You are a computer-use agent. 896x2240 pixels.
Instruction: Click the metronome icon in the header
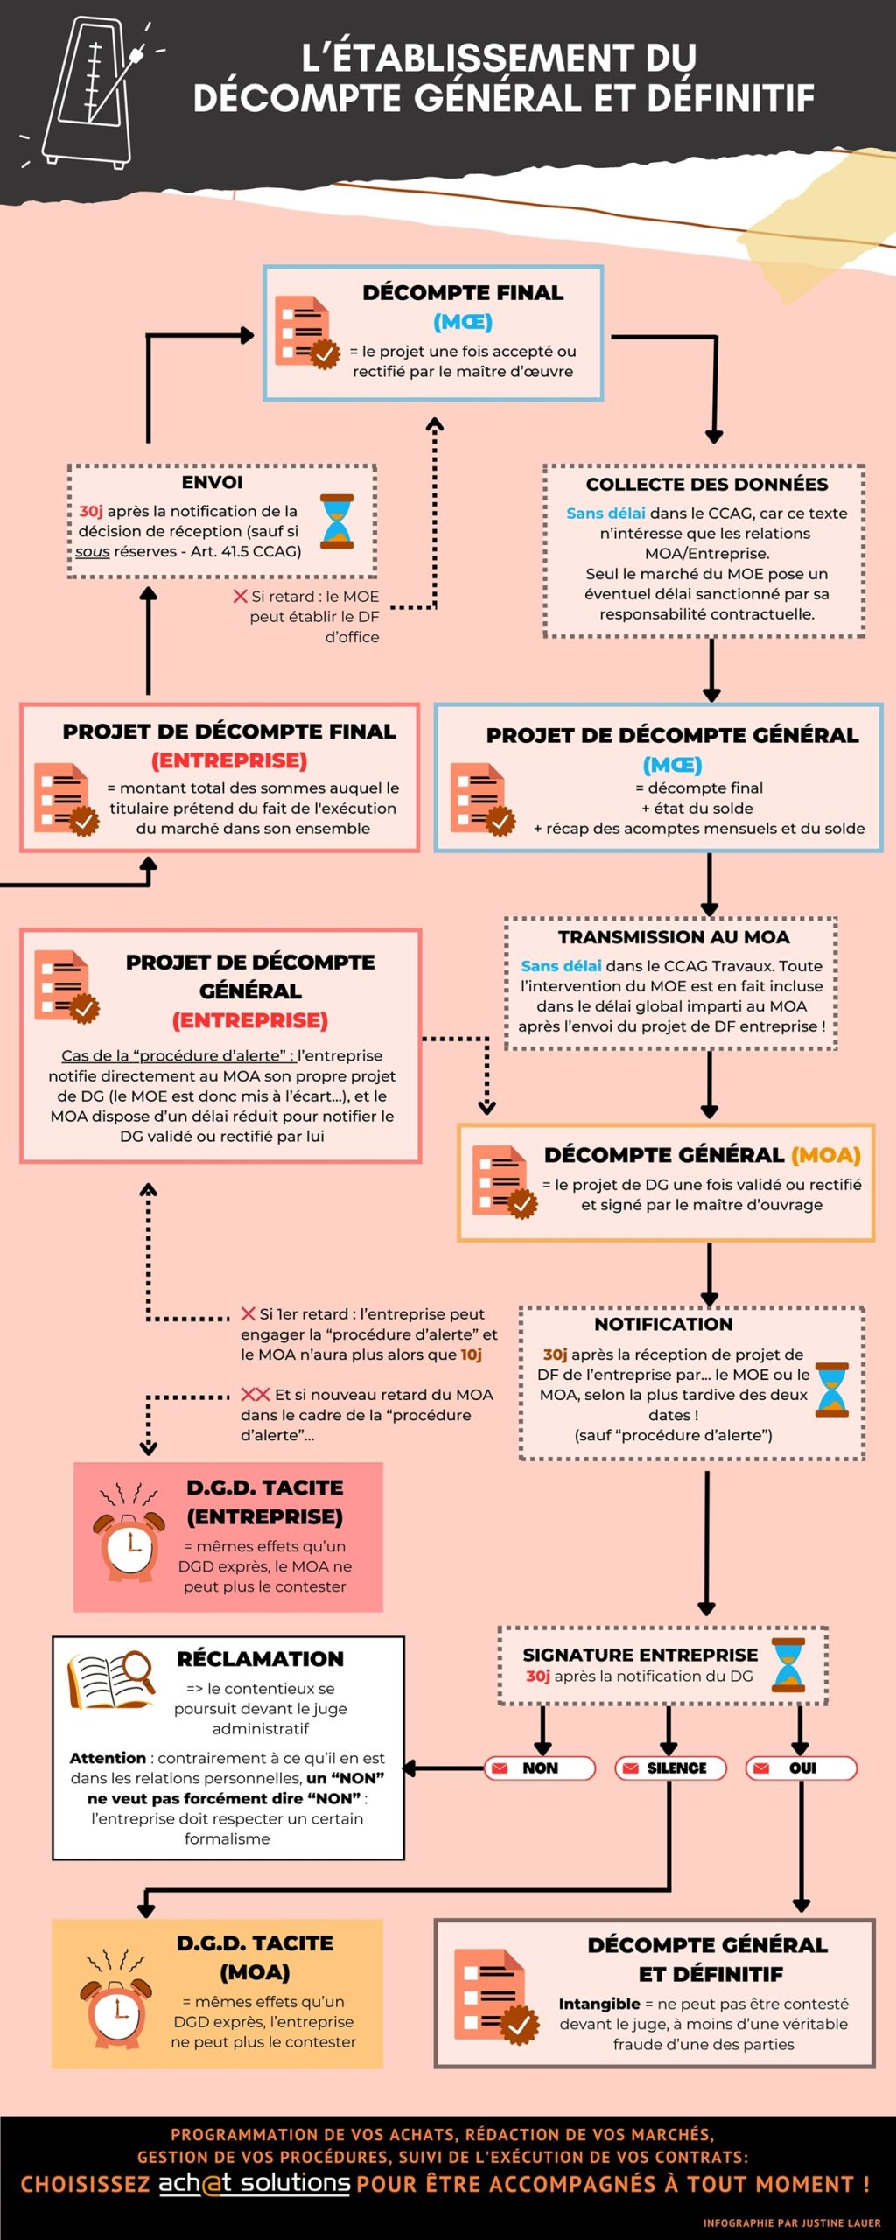tap(94, 92)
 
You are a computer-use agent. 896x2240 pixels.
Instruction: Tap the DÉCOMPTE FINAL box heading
tap(463, 293)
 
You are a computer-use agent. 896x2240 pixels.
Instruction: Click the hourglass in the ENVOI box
tap(337, 521)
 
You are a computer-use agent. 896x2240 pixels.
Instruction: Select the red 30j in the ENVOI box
tap(91, 511)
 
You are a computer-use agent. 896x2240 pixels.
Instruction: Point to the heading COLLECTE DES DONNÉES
tap(706, 485)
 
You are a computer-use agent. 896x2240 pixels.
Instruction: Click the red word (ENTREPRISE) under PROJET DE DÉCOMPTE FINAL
tap(229, 760)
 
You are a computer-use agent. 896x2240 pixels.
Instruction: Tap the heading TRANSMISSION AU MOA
tap(674, 937)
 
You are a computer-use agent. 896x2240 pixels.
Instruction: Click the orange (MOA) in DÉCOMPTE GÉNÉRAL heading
tap(825, 1155)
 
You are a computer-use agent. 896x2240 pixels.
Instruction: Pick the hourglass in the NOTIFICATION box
tap(831, 1389)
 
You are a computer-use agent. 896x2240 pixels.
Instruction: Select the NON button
tap(540, 1768)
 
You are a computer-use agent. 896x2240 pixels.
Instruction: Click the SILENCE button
tap(670, 1768)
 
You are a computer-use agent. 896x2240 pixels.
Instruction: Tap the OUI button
tap(801, 1768)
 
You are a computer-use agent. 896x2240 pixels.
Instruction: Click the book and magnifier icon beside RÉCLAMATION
tap(111, 1679)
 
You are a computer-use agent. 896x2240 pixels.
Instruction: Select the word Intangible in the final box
tap(599, 2004)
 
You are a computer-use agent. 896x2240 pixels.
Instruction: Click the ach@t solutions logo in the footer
tap(254, 2183)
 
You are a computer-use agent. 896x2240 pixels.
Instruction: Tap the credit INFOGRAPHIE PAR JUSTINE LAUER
tap(791, 2222)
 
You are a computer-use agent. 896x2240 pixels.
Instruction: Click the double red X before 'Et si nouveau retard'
tap(255, 1394)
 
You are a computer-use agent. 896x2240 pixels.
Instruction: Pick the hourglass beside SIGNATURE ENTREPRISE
tap(787, 1665)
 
